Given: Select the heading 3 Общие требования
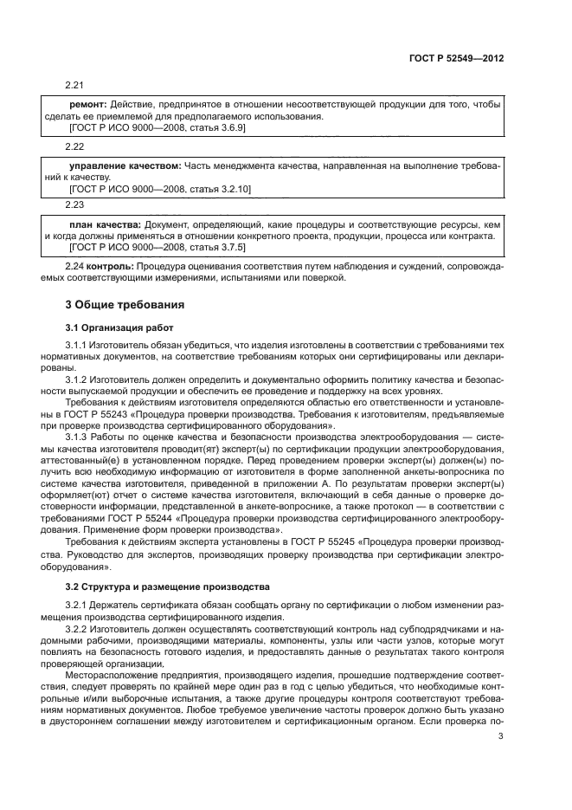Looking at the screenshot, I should point(124,304).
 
